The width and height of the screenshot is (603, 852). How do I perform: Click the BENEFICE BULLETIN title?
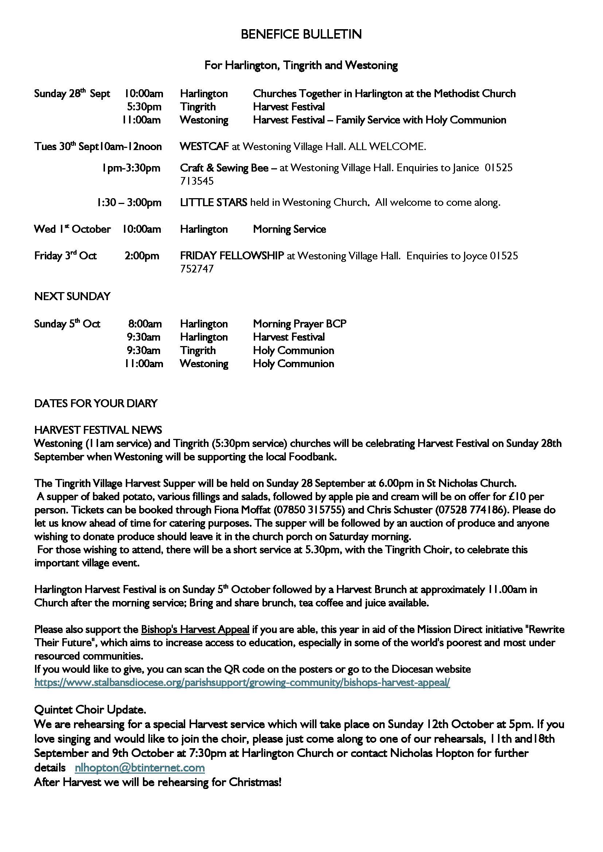click(301, 35)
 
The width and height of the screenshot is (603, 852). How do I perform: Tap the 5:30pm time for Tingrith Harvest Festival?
click(144, 107)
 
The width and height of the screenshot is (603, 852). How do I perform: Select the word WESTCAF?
click(204, 146)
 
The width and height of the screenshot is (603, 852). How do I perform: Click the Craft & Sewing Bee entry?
click(224, 168)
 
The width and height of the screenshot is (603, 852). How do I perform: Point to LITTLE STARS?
click(214, 203)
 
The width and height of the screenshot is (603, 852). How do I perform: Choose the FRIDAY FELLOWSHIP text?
click(232, 256)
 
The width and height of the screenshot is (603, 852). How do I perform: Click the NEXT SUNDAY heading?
click(73, 296)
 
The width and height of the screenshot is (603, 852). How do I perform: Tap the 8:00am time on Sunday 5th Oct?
click(145, 324)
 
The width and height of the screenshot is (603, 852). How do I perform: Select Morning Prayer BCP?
click(300, 324)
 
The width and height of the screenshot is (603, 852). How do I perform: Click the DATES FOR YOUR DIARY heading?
click(96, 403)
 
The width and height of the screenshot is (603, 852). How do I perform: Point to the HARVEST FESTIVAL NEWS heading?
click(98, 430)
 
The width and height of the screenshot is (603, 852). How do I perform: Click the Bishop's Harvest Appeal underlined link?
click(195, 630)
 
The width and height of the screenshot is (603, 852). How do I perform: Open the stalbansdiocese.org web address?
click(242, 683)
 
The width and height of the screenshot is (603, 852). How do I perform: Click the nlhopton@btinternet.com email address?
click(140, 768)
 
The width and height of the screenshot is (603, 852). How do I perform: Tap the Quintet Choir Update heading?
click(90, 710)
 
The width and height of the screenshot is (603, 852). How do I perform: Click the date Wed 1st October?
click(73, 229)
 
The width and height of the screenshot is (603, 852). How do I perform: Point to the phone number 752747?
click(197, 269)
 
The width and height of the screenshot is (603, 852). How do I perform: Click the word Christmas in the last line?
click(255, 782)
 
